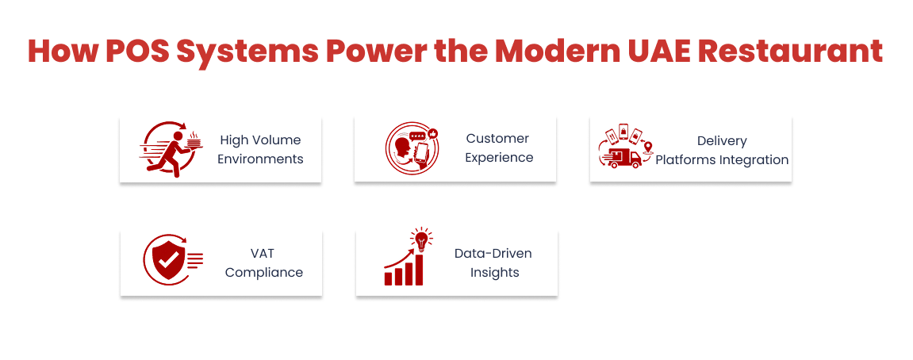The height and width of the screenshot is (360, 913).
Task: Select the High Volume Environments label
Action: [x=260, y=149]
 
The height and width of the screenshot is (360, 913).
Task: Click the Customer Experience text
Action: [x=498, y=147]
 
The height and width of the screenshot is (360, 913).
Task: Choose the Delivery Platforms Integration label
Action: [x=722, y=150]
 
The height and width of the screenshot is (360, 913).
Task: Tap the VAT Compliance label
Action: [x=263, y=262]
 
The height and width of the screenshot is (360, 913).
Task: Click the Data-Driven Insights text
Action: [x=493, y=262]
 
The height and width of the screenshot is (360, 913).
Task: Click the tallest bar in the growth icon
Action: [x=419, y=270]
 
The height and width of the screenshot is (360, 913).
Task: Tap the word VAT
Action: [x=263, y=253]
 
